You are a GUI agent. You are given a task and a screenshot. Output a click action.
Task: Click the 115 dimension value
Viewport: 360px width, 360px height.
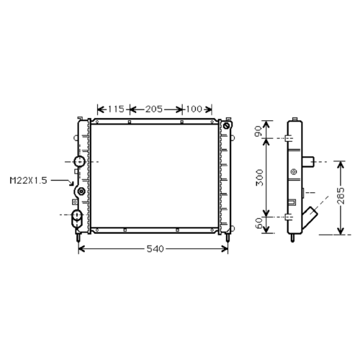click(x=116, y=109)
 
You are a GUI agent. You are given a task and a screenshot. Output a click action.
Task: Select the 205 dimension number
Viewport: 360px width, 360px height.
click(x=154, y=109)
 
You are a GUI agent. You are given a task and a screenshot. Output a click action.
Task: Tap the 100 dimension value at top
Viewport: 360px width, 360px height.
click(x=194, y=109)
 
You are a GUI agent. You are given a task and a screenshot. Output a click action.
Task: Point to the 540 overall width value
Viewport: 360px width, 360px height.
click(x=155, y=249)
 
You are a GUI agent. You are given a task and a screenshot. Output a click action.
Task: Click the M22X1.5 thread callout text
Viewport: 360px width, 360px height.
click(x=28, y=181)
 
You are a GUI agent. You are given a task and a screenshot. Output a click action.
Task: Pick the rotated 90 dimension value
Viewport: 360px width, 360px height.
click(x=258, y=131)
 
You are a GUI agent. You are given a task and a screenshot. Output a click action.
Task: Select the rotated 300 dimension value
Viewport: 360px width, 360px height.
click(x=259, y=177)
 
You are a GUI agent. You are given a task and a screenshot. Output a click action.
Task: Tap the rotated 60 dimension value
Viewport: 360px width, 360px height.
click(x=258, y=223)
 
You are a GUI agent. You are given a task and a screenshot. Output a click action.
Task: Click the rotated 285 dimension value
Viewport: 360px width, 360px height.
click(x=341, y=196)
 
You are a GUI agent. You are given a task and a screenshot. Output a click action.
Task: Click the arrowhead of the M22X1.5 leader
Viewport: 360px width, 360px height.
click(x=72, y=184)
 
